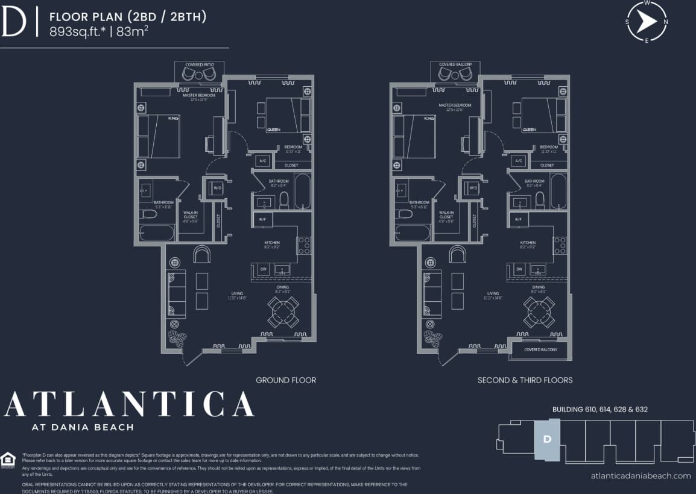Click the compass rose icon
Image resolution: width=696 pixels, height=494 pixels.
[x=647, y=22]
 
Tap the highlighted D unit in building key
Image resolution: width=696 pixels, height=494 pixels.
[x=547, y=439]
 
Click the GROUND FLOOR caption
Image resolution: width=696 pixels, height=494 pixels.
[x=286, y=380]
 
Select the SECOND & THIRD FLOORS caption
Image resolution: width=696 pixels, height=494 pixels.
[x=525, y=380]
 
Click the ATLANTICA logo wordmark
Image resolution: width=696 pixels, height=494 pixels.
[x=128, y=404]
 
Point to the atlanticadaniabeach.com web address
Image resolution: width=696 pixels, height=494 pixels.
[x=641, y=476]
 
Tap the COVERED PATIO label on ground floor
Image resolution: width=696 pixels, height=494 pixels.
[x=200, y=64]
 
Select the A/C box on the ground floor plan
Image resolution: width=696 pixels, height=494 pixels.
[x=262, y=161]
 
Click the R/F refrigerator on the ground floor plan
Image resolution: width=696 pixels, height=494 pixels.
[x=262, y=220]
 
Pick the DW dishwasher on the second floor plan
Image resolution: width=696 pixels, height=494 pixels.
[x=519, y=269]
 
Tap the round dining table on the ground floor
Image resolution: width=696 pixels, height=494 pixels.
[x=283, y=311]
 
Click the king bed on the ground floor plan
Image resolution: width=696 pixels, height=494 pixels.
[x=160, y=136]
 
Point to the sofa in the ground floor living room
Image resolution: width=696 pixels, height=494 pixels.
[x=176, y=295]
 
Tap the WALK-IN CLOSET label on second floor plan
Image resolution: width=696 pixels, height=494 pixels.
[x=446, y=217]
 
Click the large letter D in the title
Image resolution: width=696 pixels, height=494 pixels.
[x=13, y=23]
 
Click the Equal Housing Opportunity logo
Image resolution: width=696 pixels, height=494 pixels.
[x=8, y=460]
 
